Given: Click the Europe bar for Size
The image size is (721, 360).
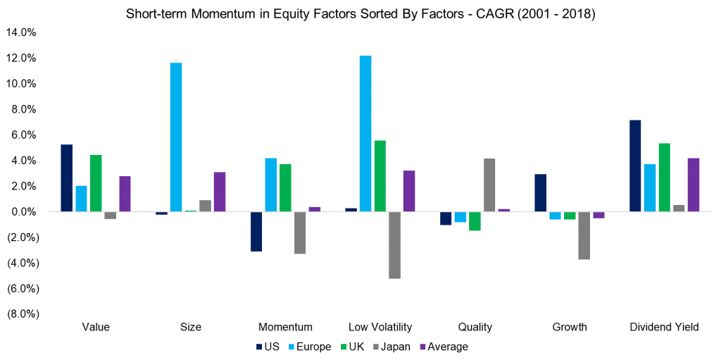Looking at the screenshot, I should pyautogui.click(x=176, y=137).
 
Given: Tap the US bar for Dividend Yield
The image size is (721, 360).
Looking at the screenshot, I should pyautogui.click(x=636, y=166).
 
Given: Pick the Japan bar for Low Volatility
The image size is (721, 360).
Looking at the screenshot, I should pyautogui.click(x=394, y=245).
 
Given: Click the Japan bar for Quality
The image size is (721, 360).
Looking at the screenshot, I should pyautogui.click(x=489, y=185).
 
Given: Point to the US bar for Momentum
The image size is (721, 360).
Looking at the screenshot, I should pyautogui.click(x=256, y=232).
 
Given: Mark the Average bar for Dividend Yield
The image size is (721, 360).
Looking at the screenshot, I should pyautogui.click(x=694, y=185).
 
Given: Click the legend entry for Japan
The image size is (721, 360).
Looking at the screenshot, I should pyautogui.click(x=391, y=347).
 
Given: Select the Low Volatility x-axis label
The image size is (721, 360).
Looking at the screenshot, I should pyautogui.click(x=380, y=327).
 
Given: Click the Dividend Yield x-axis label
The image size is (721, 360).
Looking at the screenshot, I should pyautogui.click(x=664, y=327).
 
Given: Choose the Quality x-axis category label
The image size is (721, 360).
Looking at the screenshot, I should pyautogui.click(x=475, y=327).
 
